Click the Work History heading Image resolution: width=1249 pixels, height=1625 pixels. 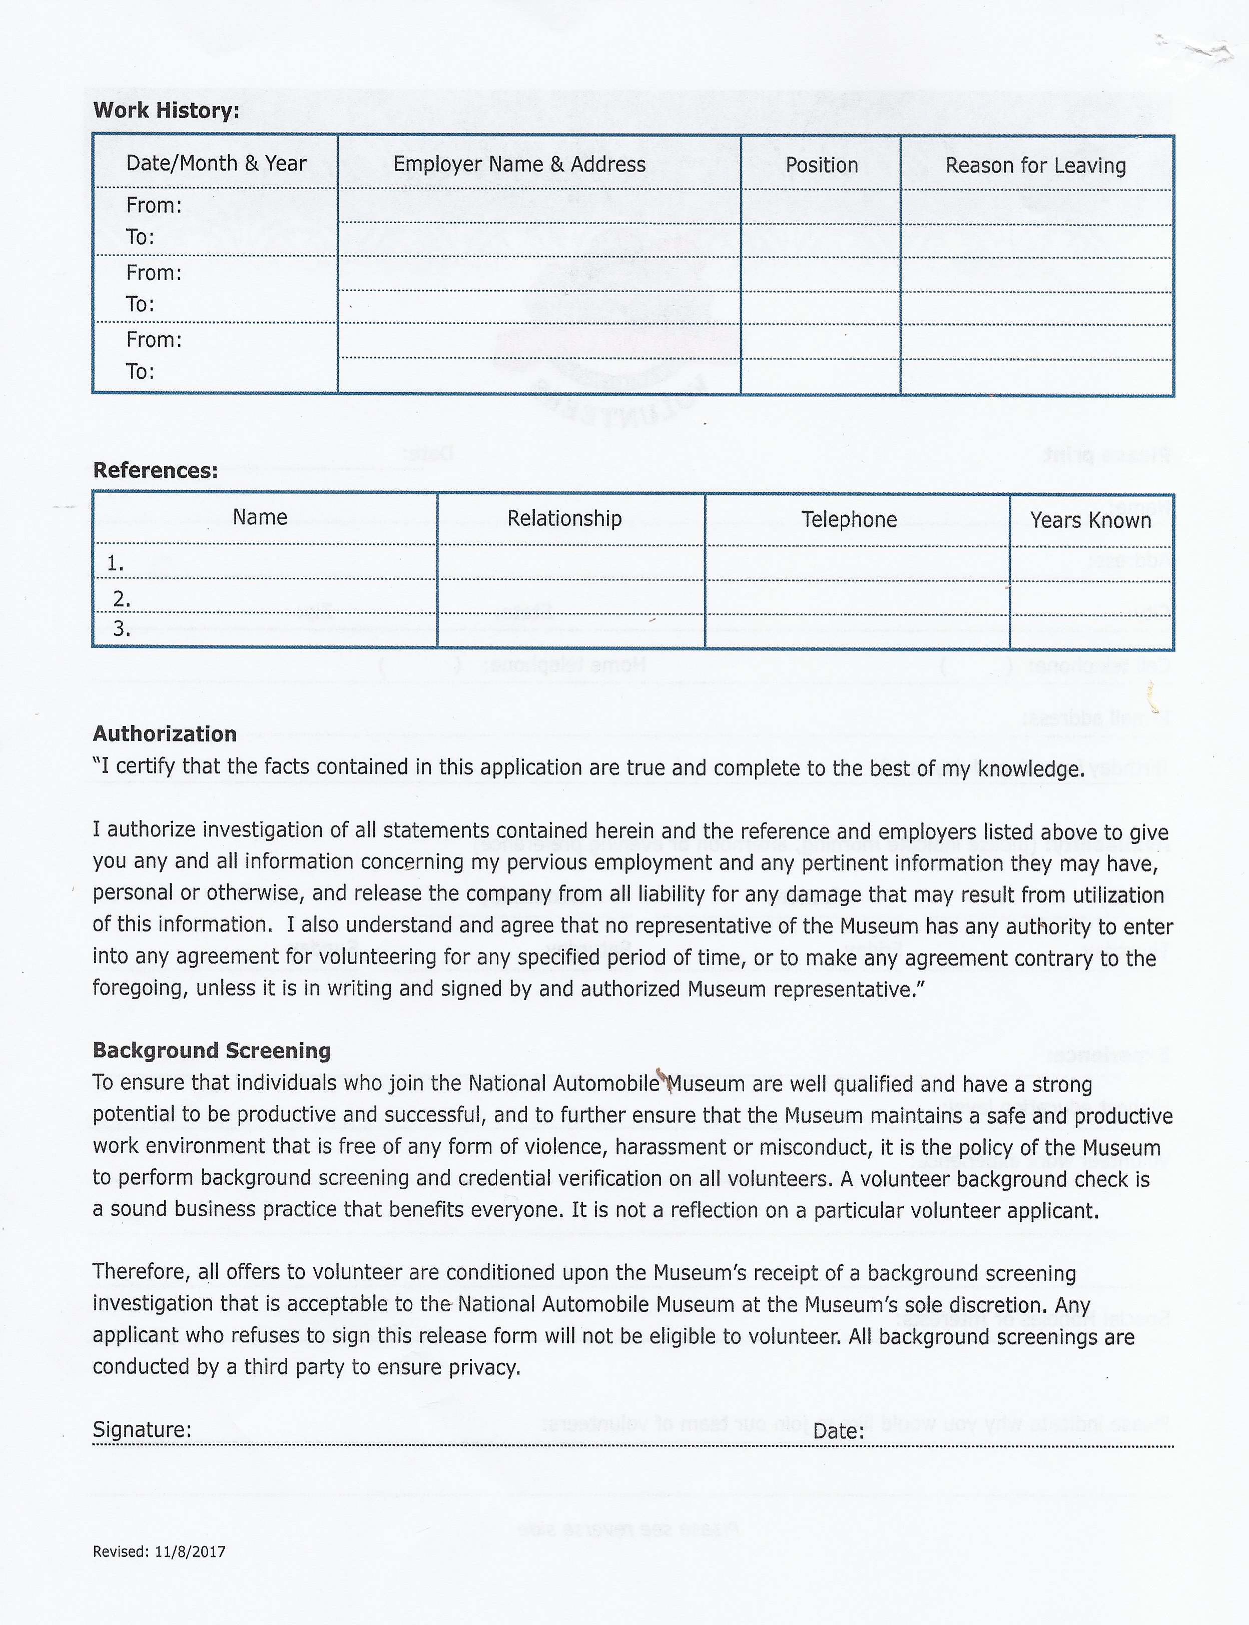[166, 111]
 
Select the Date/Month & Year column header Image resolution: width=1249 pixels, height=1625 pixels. [216, 164]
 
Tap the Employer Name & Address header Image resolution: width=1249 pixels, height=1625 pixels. [519, 164]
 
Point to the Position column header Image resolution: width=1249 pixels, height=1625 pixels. [822, 165]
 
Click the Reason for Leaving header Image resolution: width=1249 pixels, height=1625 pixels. [1036, 166]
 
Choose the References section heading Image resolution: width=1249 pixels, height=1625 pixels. [156, 471]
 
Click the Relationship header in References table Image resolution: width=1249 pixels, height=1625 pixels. [564, 518]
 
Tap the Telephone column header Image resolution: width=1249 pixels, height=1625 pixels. [849, 520]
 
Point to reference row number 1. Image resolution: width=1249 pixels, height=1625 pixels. [115, 564]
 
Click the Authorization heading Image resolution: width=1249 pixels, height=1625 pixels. [164, 734]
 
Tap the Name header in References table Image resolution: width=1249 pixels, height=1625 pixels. [260, 517]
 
